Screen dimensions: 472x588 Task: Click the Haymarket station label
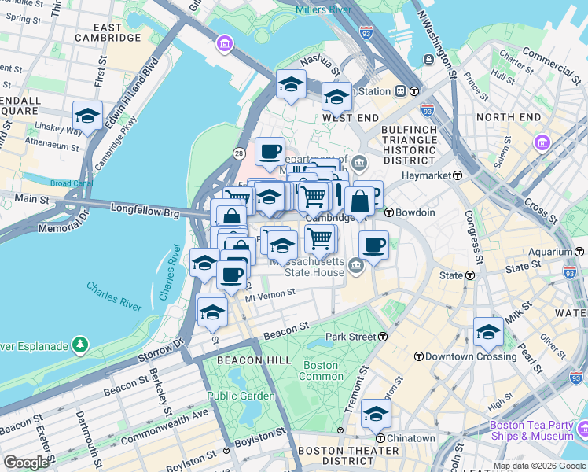click(428, 175)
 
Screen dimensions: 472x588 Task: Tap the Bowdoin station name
click(414, 212)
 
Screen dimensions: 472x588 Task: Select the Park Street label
click(347, 337)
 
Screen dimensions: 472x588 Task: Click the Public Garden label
click(237, 396)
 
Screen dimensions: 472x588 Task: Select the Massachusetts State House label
click(307, 267)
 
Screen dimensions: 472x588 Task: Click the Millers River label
click(324, 9)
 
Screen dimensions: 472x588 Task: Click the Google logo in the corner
click(26, 463)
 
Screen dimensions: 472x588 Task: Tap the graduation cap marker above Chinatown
click(377, 414)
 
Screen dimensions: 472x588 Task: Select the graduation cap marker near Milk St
click(488, 333)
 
